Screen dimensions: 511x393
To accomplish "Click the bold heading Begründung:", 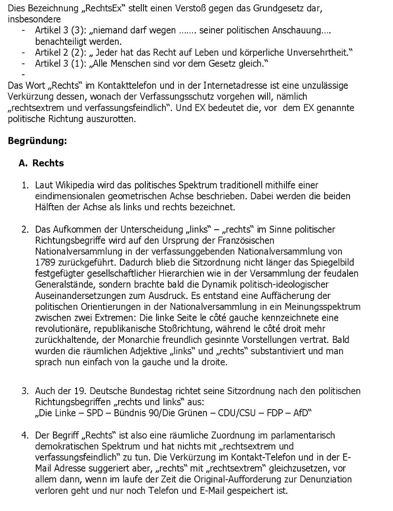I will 38,141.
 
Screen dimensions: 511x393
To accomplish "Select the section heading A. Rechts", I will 41,163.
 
